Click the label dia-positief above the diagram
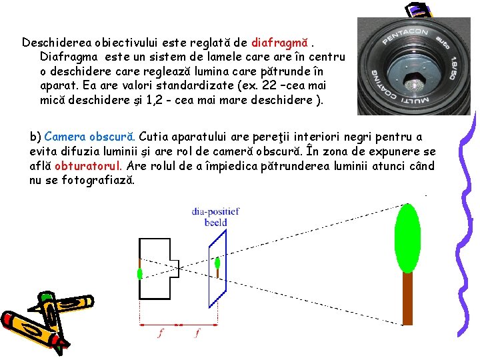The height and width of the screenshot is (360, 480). pos(215,212)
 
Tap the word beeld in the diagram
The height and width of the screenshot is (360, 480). pos(215,223)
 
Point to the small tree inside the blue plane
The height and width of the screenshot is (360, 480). pos(218,264)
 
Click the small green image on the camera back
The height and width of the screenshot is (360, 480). pos(140,273)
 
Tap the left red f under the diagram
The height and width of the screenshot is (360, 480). pos(159,333)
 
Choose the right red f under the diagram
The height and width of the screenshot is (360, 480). pos(197,333)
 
